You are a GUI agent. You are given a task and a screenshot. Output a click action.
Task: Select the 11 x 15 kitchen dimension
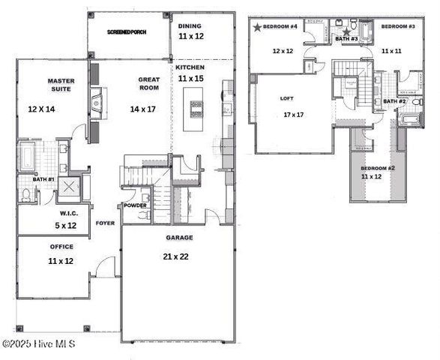(x=190, y=78)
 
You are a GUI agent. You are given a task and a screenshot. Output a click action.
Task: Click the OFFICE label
(x=61, y=247)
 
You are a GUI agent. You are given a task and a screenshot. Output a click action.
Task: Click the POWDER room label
(x=135, y=205)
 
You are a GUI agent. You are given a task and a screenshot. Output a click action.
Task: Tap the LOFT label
(x=287, y=97)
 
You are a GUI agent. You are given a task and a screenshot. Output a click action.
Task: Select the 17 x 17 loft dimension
(x=294, y=115)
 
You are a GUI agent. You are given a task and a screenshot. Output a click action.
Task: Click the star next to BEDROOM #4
(x=257, y=27)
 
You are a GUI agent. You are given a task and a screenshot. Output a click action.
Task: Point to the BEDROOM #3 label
(x=398, y=27)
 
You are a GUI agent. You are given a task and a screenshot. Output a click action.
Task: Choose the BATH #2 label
(x=395, y=101)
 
